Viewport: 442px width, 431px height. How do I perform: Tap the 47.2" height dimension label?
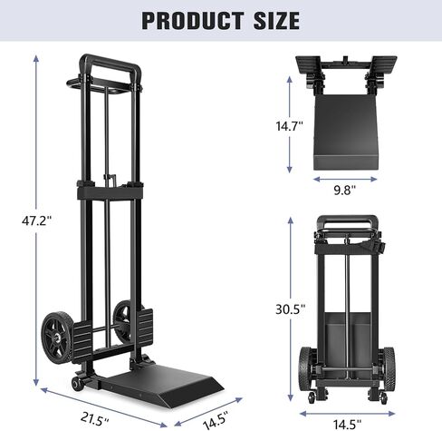pyautogui.click(x=22, y=220)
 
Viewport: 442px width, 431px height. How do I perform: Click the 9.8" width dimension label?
pyautogui.click(x=342, y=190)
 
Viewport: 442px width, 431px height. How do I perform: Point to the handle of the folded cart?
pyautogui.click(x=351, y=220)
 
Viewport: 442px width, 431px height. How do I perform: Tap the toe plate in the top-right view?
pyautogui.click(x=349, y=136)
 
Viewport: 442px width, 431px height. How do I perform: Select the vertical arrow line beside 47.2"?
pyautogui.click(x=37, y=220)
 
